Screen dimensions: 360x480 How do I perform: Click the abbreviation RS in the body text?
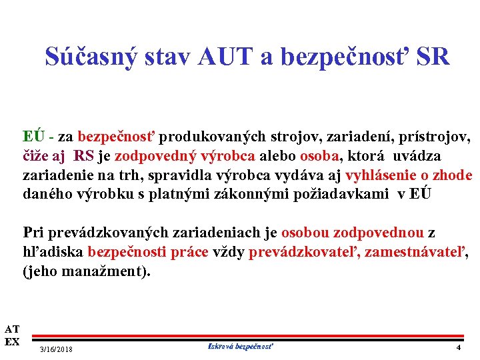click(x=84, y=156)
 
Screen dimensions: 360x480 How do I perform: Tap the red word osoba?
click(x=319, y=156)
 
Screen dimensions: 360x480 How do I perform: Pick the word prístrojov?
click(x=437, y=137)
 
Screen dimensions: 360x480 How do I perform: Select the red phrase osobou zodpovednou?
click(x=353, y=233)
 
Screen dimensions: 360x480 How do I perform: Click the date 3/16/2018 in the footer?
click(x=57, y=349)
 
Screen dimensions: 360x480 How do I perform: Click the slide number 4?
click(x=458, y=348)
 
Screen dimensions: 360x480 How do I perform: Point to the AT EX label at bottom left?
click(x=11, y=335)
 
